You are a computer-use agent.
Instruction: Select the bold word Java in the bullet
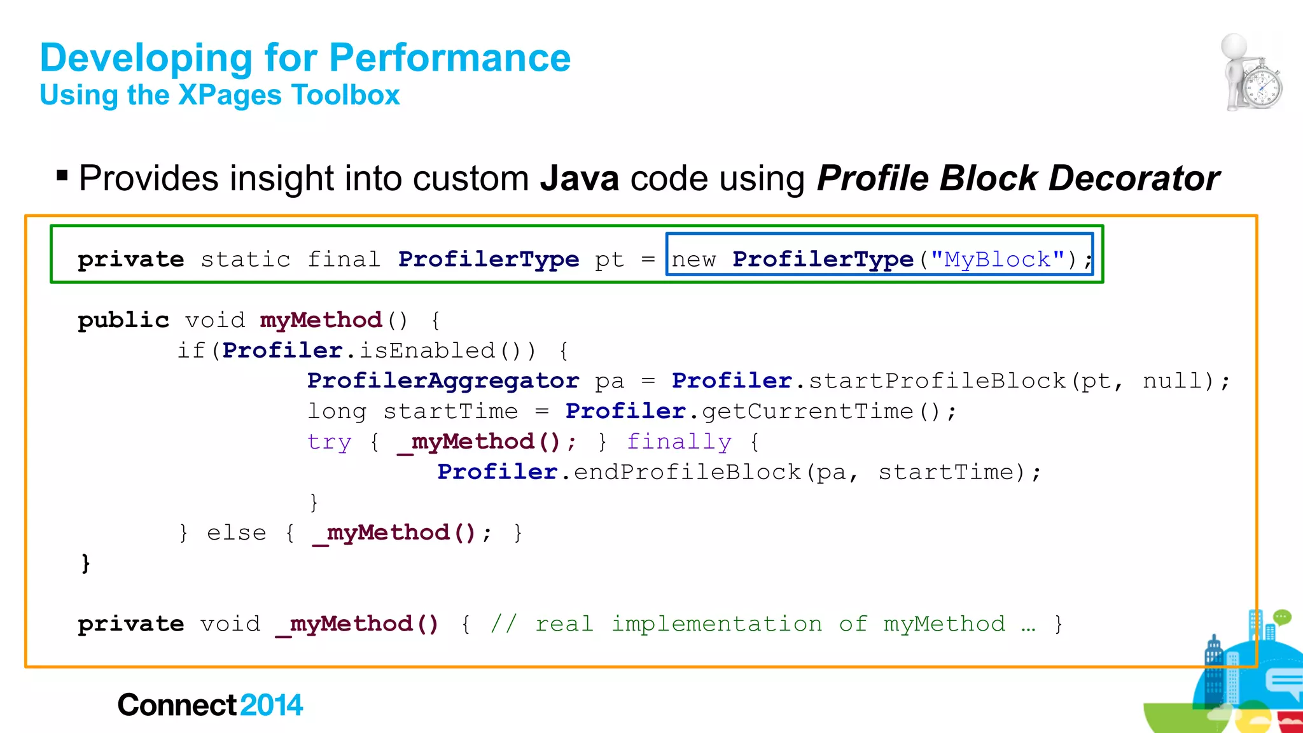click(579, 178)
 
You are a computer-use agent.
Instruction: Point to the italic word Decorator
click(1134, 178)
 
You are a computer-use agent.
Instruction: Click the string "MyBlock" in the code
click(997, 260)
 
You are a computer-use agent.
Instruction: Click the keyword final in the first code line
click(344, 260)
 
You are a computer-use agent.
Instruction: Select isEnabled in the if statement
click(427, 351)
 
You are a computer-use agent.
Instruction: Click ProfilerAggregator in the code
click(443, 380)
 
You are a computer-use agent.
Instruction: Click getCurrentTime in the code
click(807, 411)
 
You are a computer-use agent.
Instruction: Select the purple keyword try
click(329, 442)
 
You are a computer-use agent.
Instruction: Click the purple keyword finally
click(679, 442)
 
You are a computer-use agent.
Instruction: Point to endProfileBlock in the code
click(687, 472)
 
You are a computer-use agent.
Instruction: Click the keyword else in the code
click(236, 533)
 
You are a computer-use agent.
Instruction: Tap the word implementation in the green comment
click(716, 624)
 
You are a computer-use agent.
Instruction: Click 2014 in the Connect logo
click(272, 705)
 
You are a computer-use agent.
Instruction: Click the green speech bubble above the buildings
click(1281, 617)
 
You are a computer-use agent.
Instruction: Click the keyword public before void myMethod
click(123, 320)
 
